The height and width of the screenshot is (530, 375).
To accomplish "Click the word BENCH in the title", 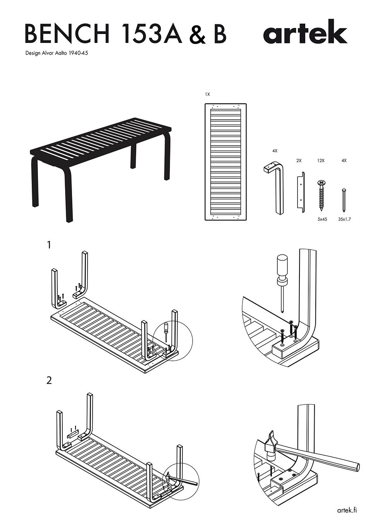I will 67,34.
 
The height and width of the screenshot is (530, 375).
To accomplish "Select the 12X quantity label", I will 321,160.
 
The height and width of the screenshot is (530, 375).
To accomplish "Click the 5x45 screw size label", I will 322,219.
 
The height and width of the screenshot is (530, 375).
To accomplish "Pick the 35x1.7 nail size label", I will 344,219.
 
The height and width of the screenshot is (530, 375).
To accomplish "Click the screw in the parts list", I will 321,195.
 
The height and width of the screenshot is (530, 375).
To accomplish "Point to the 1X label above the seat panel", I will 208,94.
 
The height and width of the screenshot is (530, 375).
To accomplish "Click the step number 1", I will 49,245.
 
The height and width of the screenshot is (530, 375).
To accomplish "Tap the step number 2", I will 49,381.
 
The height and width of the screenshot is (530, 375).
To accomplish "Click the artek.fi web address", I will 347,510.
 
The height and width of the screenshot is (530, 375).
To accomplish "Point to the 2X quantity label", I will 299,160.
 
